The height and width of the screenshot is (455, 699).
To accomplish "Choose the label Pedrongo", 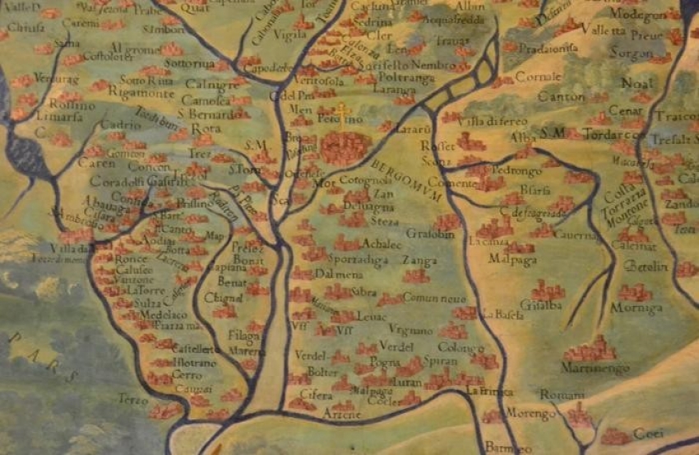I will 516,170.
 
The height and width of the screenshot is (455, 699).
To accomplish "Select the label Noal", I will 638,82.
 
